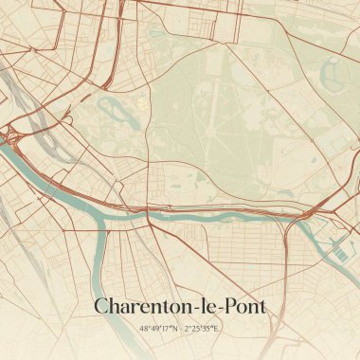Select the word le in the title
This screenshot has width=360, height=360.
tap(209, 306)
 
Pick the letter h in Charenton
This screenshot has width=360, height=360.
tap(116, 306)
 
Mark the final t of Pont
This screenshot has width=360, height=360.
tap(262, 307)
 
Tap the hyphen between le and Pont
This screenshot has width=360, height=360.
tap(220, 309)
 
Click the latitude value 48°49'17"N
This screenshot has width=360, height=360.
tap(158, 328)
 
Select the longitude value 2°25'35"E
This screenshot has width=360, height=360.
tap(202, 328)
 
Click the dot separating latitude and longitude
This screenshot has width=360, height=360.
tap(180, 328)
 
